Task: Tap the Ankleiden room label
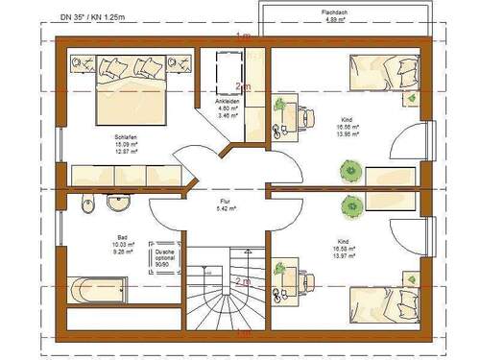(x=228, y=101)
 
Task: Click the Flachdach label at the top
(x=335, y=12)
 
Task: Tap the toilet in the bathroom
(x=88, y=204)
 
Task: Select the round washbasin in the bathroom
(x=120, y=204)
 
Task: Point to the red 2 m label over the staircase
(x=244, y=281)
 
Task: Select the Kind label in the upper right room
(x=346, y=120)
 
